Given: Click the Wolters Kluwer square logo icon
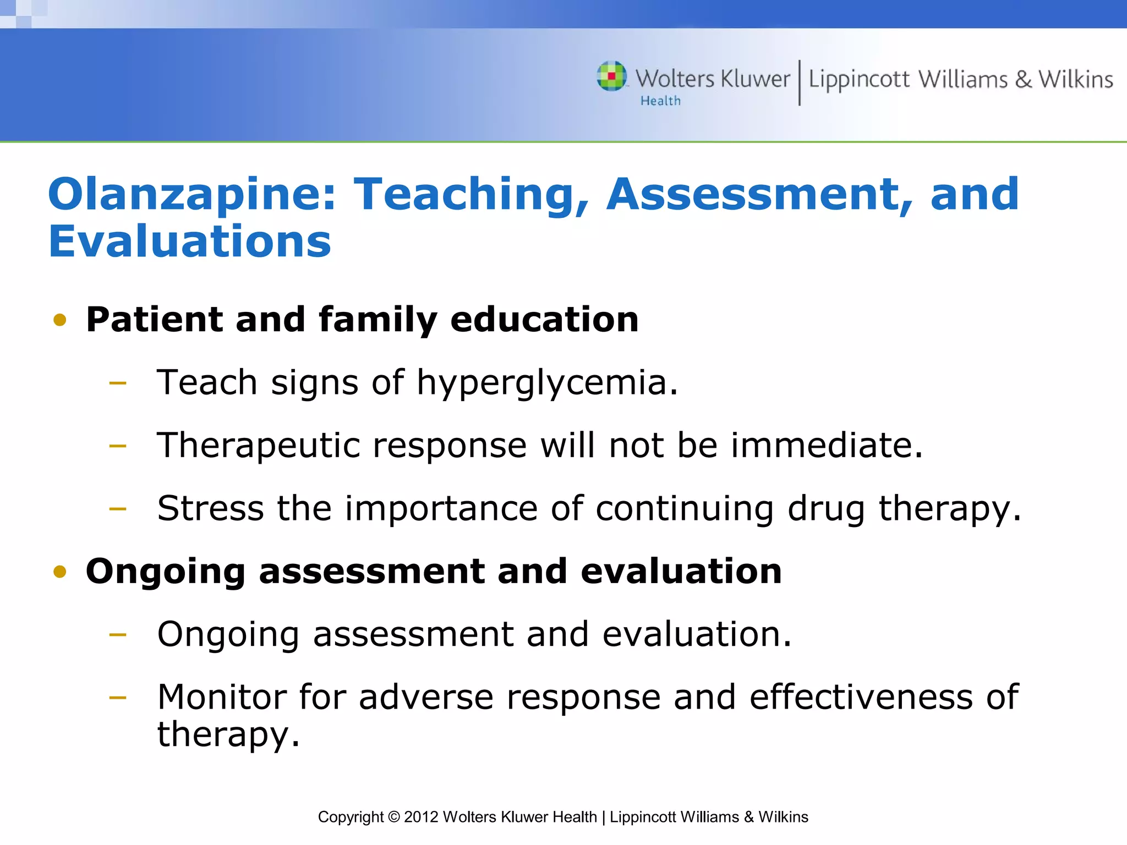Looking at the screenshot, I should tap(611, 76).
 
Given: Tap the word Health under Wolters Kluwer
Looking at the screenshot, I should tap(660, 101).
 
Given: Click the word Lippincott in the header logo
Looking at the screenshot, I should tap(859, 80).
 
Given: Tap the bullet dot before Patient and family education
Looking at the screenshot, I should tap(60, 320).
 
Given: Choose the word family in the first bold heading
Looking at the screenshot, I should tap(378, 320).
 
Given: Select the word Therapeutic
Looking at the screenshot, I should tap(259, 446).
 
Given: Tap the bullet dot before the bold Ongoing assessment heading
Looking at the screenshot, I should tap(60, 572).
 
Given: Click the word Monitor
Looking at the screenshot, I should tap(222, 697).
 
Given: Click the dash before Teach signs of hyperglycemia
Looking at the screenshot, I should tap(118, 383).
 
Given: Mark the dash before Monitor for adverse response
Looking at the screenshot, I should tap(118, 698).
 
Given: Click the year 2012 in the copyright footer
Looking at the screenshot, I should tap(421, 817).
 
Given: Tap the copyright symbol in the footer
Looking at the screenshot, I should tap(393, 817).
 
